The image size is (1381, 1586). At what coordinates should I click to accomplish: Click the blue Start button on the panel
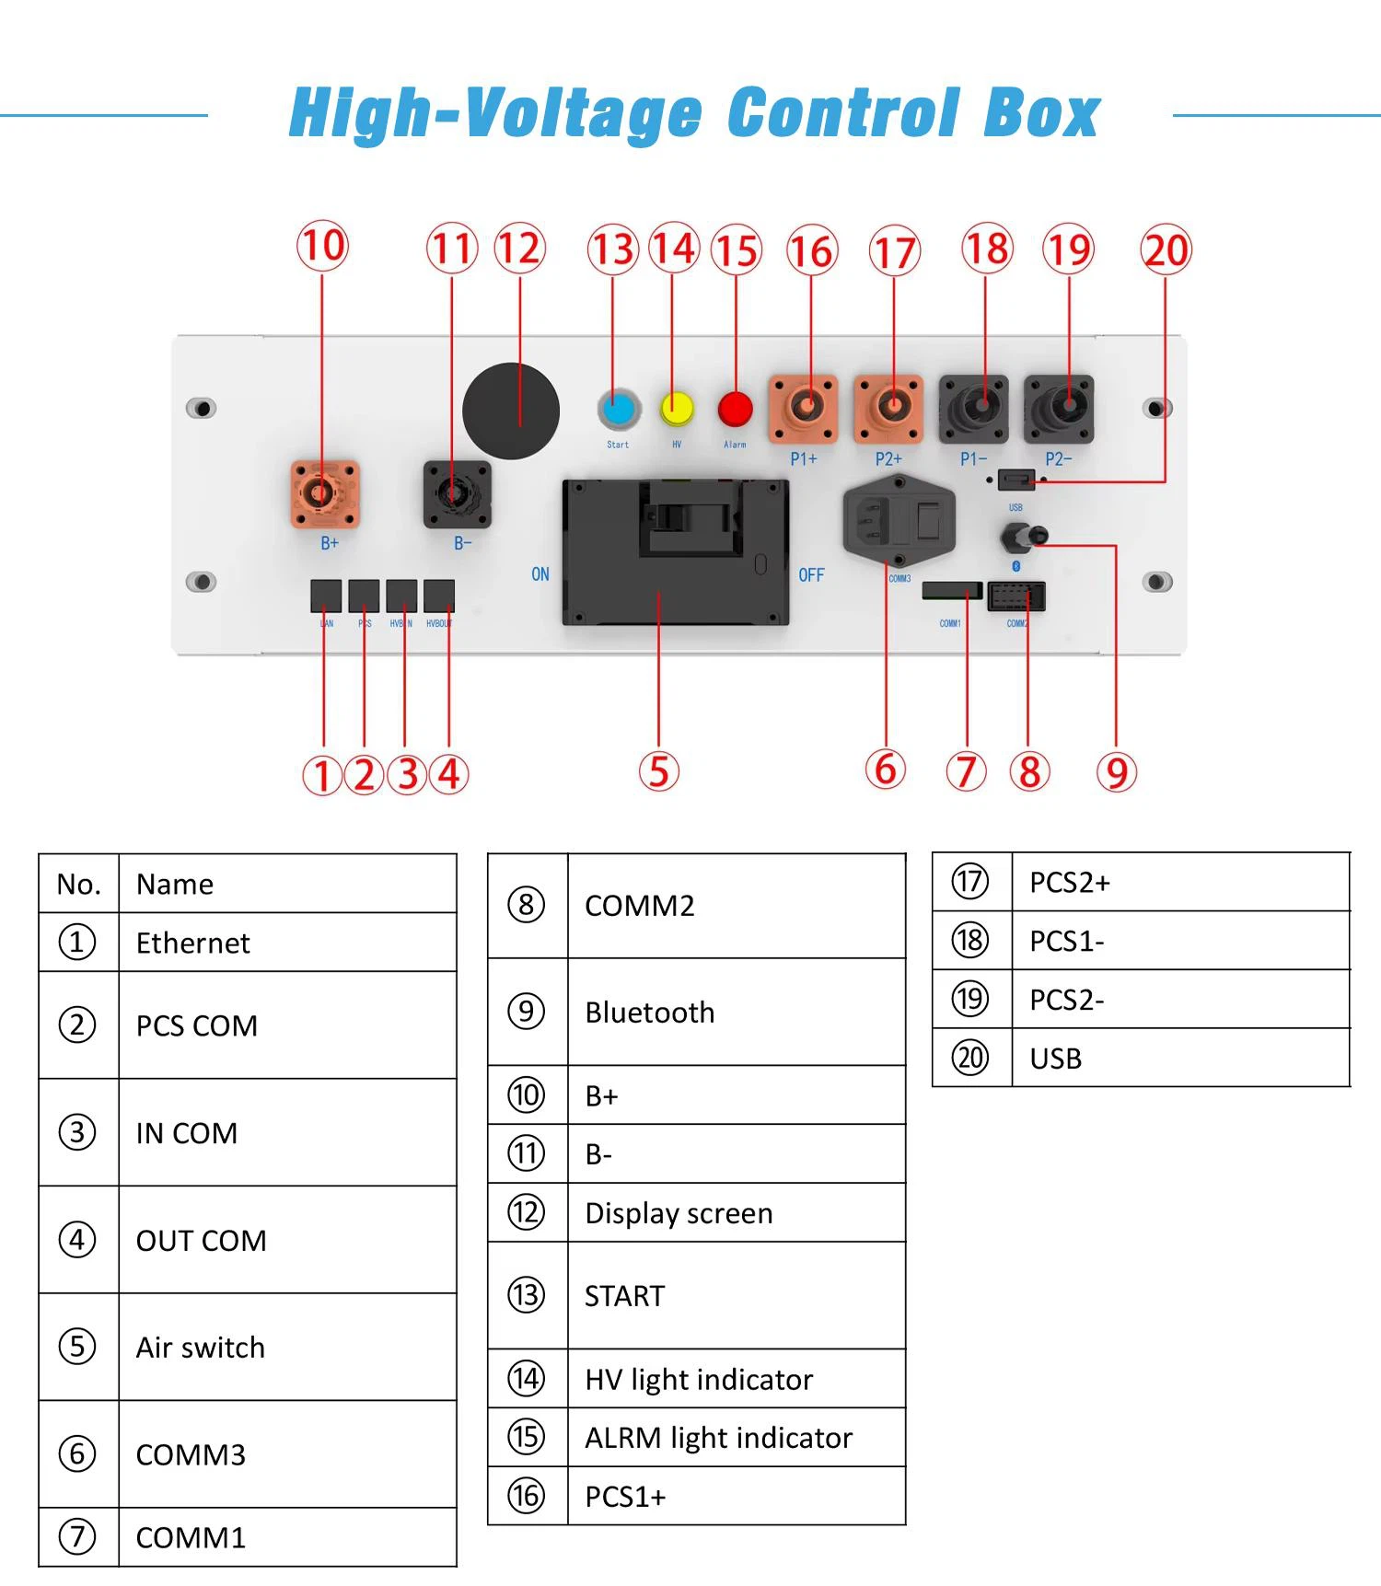click(619, 409)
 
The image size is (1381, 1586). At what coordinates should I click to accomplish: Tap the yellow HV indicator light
click(677, 408)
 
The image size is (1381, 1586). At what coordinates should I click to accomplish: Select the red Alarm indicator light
click(735, 408)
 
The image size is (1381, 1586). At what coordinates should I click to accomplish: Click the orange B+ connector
click(324, 494)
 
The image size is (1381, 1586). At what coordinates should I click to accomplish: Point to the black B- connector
click(457, 494)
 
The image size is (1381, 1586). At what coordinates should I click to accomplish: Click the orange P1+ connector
click(803, 408)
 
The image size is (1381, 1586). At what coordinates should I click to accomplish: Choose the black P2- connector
click(1059, 408)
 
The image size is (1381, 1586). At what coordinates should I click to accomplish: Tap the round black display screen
click(511, 411)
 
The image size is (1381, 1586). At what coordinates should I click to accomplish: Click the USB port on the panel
click(1015, 480)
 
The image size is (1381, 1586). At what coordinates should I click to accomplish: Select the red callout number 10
click(322, 247)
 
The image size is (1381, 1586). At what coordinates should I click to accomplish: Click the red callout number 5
click(659, 771)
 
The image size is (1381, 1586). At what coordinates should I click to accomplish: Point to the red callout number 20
click(1166, 250)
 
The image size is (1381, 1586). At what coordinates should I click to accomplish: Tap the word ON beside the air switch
click(540, 574)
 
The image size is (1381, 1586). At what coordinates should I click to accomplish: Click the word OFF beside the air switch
click(811, 575)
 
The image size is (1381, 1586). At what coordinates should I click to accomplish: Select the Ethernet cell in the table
click(193, 943)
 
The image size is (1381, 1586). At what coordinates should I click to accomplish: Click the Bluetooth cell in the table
click(650, 1013)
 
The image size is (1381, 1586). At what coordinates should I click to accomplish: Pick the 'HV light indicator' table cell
click(699, 1379)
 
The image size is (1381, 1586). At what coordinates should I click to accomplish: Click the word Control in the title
click(843, 114)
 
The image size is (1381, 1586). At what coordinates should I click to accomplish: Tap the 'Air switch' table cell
click(201, 1348)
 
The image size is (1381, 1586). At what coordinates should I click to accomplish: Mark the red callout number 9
click(1117, 772)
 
